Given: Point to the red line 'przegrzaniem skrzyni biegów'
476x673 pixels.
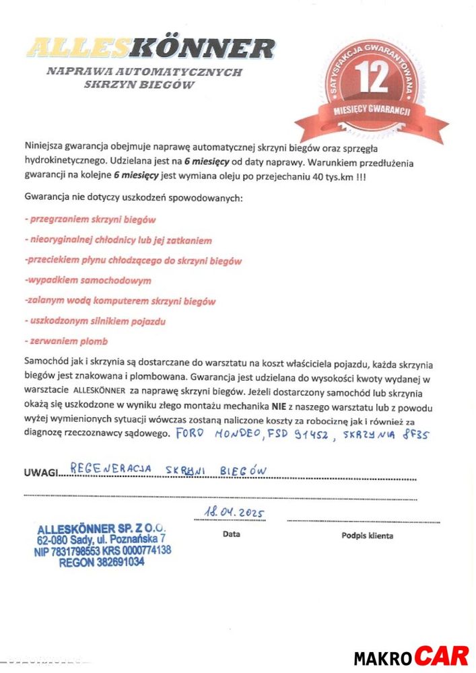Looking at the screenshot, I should pyautogui.click(x=90, y=219).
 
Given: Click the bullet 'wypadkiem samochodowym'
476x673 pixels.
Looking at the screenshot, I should pyautogui.click(x=88, y=280).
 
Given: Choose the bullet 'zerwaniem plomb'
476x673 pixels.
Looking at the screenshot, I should pyautogui.click(x=66, y=341).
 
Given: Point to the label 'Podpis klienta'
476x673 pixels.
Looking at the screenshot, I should pyautogui.click(x=367, y=536).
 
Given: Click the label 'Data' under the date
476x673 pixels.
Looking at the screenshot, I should pyautogui.click(x=231, y=534).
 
